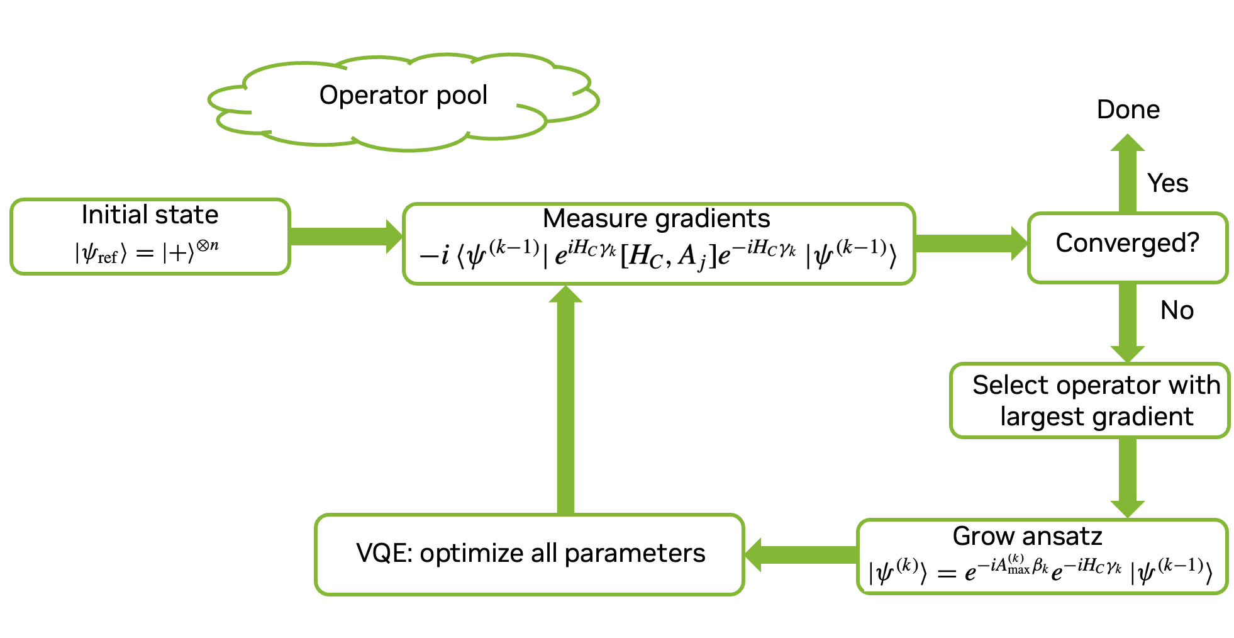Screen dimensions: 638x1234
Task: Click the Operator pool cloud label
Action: (403, 96)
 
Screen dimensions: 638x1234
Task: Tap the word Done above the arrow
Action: (1128, 109)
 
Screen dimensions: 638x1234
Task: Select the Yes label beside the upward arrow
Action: (1167, 183)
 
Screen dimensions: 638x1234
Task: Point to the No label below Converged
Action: (1177, 310)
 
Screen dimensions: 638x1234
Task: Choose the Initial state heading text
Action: (150, 215)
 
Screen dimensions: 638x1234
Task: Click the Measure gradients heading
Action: (656, 218)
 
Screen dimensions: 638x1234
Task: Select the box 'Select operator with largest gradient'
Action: (1090, 400)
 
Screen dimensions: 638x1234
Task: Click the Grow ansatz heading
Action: (1027, 536)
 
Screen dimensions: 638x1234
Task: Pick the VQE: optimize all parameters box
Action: (530, 554)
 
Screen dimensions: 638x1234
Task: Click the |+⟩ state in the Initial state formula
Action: (179, 253)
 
